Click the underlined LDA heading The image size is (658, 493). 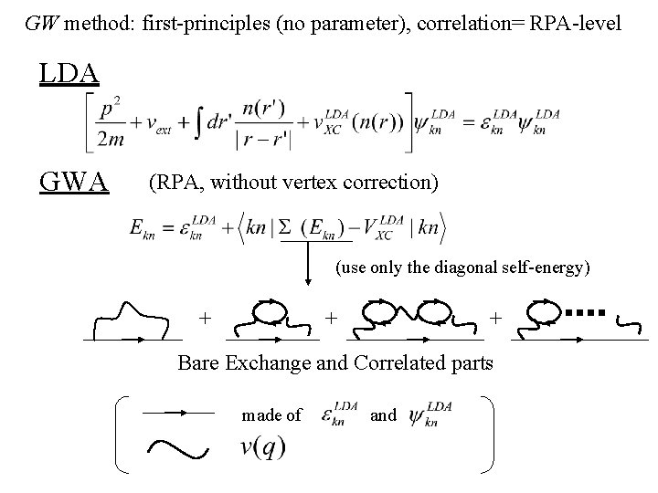tap(69, 73)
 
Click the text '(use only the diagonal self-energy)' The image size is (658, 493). tap(462, 268)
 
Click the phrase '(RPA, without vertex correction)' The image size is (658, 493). tap(293, 184)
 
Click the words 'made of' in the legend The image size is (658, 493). tap(271, 415)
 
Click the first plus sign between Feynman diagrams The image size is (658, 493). tap(207, 318)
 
